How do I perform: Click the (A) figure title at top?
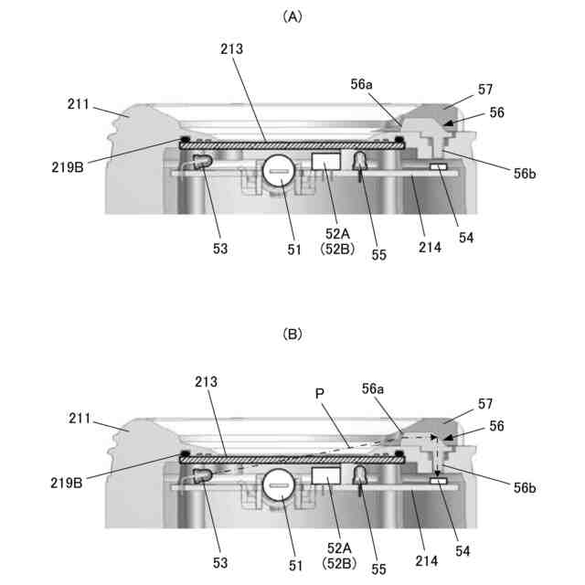292,16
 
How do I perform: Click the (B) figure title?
292,335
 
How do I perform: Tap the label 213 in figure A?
231,49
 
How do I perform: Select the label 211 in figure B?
80,421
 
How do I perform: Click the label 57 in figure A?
485,89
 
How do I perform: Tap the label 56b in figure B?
525,489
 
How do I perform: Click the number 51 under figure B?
294,567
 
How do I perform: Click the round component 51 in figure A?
281,171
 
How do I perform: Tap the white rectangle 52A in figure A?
326,161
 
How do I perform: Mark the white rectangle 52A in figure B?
326,476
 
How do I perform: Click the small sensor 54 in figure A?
439,167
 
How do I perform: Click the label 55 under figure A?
379,255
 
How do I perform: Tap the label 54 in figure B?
467,552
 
